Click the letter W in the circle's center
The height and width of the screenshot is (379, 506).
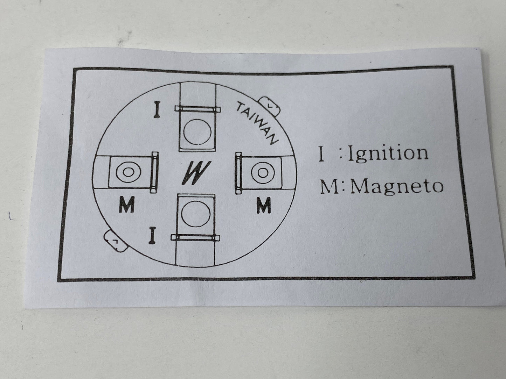196,173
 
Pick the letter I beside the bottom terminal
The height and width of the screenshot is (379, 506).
152,235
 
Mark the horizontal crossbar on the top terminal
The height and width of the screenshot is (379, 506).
197,109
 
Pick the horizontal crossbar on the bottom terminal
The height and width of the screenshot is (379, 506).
195,238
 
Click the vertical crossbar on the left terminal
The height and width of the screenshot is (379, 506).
154,172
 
